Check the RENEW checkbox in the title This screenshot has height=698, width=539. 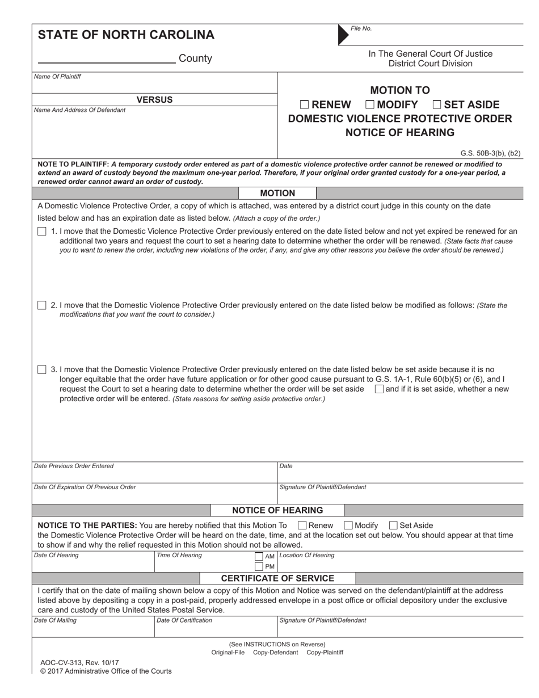(x=305, y=104)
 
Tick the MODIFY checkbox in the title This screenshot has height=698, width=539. (x=370, y=104)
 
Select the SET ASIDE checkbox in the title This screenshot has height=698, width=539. (x=437, y=104)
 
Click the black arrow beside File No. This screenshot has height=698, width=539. (x=343, y=35)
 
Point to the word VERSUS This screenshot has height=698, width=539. (x=154, y=100)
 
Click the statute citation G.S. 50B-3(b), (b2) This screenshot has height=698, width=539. (x=490, y=153)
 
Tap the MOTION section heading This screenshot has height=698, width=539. (x=277, y=194)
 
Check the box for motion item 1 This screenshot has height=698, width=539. (x=42, y=232)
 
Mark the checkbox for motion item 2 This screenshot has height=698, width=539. (x=42, y=305)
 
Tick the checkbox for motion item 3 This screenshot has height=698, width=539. (x=42, y=369)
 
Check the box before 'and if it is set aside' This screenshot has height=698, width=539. (x=379, y=389)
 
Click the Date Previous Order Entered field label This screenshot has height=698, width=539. (x=74, y=466)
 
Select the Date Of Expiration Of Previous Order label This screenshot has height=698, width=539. (x=85, y=487)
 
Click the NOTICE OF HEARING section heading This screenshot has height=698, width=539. (x=277, y=510)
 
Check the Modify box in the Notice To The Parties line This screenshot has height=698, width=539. (x=348, y=525)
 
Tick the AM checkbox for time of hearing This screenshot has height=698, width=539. (x=259, y=557)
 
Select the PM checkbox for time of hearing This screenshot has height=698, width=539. (x=259, y=566)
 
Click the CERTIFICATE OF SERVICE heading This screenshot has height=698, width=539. (x=277, y=578)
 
